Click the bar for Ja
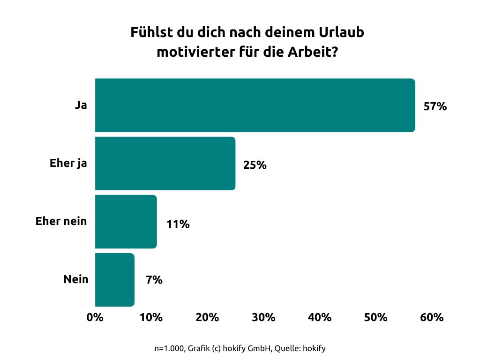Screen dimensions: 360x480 [255, 105]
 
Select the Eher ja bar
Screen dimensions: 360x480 [165, 164]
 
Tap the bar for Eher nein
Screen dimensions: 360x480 [126, 222]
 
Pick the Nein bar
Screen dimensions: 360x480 [114, 280]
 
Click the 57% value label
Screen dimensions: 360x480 [435, 106]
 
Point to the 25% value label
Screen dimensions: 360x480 [255, 165]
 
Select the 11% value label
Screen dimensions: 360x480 [178, 224]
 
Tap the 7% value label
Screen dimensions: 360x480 [154, 280]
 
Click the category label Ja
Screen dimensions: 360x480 [81, 105]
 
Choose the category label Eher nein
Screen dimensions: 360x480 [61, 221]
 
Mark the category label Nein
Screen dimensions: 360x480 [76, 279]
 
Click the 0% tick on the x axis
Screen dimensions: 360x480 [95, 317]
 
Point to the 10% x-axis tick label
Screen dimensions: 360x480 [151, 317]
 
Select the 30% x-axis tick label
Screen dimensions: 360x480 [263, 317]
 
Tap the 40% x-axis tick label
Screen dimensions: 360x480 [320, 317]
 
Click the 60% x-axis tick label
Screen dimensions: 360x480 [432, 317]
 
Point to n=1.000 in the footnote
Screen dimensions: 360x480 [169, 348]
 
